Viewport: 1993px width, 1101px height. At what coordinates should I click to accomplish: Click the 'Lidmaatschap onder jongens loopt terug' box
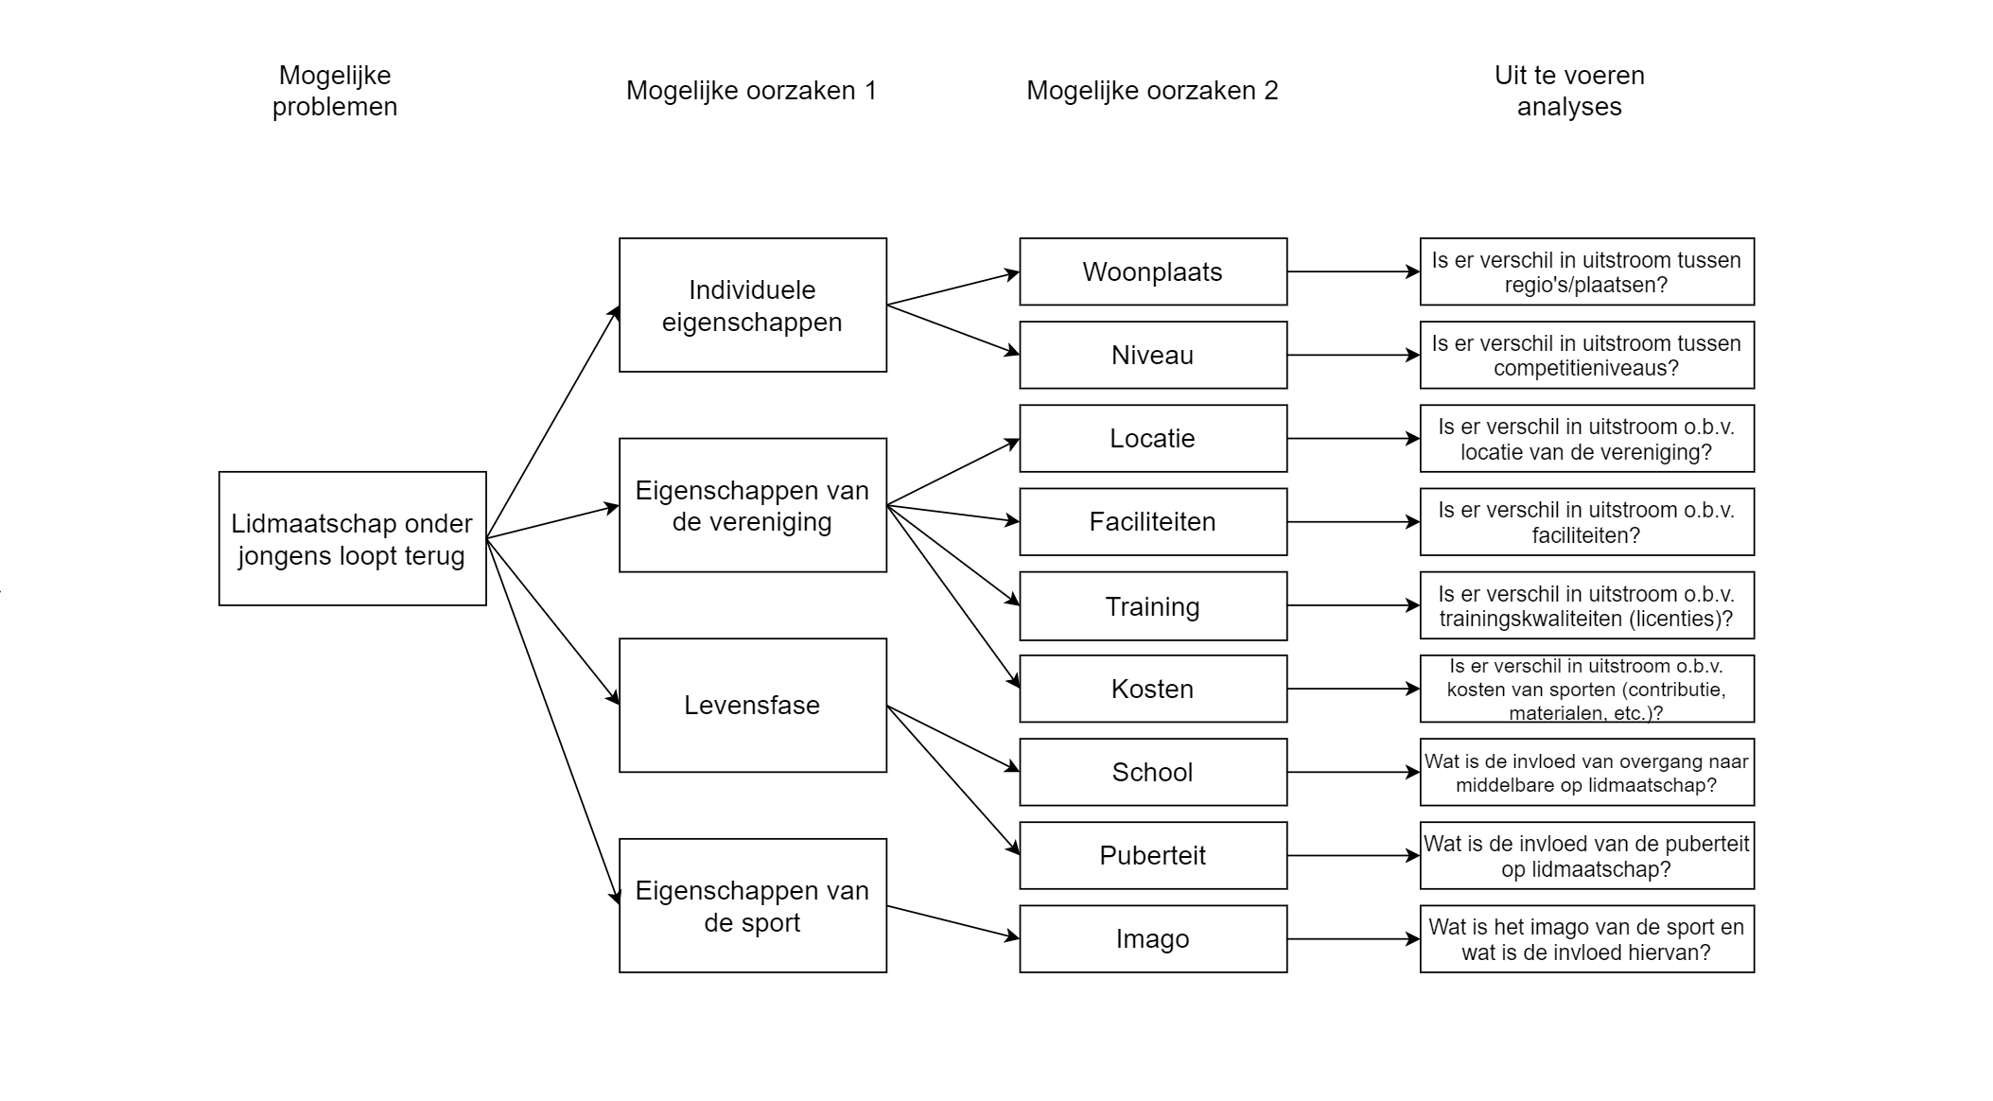click(x=352, y=538)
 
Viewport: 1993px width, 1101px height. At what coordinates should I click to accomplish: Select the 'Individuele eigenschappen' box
click(x=752, y=305)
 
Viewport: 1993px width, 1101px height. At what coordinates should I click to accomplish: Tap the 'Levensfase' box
click(x=752, y=705)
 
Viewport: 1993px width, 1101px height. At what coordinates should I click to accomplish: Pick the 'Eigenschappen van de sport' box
click(x=752, y=905)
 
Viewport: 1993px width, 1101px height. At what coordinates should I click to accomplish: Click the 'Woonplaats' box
click(x=1152, y=271)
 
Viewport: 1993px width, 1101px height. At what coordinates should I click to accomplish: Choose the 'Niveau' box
click(x=1152, y=355)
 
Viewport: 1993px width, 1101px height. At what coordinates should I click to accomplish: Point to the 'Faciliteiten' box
click(x=1152, y=521)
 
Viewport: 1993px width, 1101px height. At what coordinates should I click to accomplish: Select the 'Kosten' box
click(x=1152, y=689)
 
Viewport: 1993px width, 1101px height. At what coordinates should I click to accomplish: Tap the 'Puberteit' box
click(x=1152, y=855)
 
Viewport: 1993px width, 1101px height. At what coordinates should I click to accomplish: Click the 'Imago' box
click(x=1152, y=938)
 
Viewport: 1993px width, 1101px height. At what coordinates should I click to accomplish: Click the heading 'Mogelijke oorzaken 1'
click(x=751, y=91)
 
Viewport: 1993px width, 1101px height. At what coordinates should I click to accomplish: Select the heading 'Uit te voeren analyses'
click(x=1569, y=91)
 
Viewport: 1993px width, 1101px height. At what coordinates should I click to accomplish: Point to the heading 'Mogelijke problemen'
click(x=335, y=91)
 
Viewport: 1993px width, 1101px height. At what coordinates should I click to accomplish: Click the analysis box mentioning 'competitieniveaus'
click(x=1586, y=355)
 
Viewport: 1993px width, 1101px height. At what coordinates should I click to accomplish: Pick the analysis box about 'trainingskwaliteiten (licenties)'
click(x=1586, y=605)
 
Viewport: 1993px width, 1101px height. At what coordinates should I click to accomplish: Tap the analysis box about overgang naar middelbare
click(x=1586, y=772)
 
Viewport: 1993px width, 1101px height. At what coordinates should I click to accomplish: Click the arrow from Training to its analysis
click(x=1353, y=605)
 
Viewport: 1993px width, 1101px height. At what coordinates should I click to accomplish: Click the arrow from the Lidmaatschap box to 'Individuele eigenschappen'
click(x=552, y=423)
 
